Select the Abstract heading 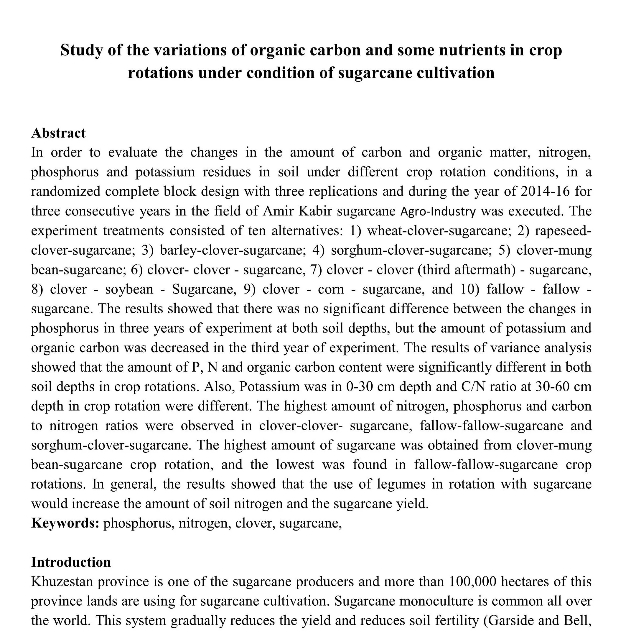pos(58,133)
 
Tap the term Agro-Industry pos(438,212)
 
